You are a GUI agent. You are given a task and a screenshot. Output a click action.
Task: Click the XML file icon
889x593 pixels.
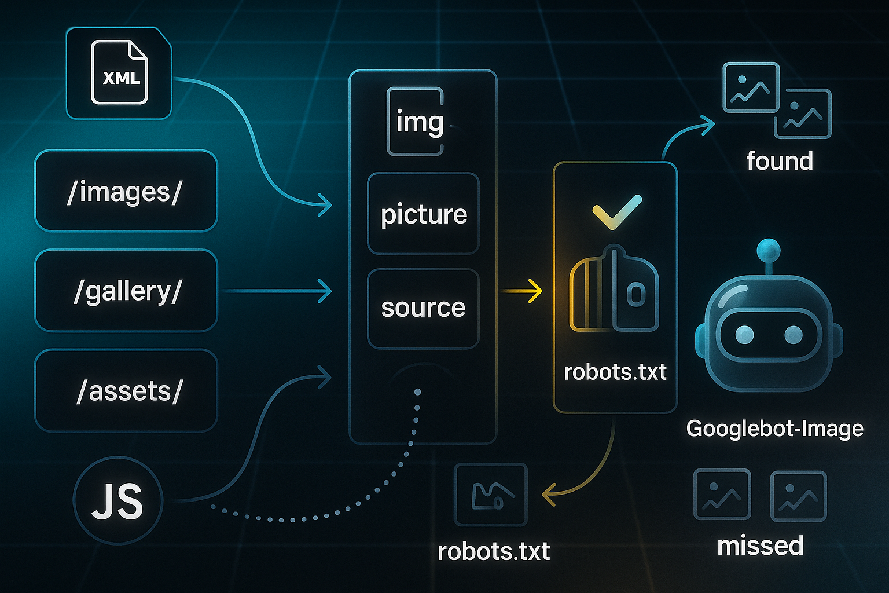pos(120,72)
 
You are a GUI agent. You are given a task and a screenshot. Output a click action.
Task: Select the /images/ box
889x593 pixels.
pos(126,191)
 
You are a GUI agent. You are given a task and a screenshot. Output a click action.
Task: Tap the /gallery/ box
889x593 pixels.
pos(126,290)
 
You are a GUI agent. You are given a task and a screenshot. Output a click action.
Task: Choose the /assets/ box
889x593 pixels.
pos(126,391)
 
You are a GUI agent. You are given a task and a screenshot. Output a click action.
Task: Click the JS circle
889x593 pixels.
pos(118,500)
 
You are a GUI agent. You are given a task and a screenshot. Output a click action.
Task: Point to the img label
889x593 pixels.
pos(419,122)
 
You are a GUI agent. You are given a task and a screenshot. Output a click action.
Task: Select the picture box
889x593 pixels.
pos(423,214)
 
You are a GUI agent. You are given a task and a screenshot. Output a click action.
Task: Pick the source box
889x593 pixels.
pos(423,308)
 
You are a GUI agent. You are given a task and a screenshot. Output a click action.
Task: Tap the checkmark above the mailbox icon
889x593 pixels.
pos(617,211)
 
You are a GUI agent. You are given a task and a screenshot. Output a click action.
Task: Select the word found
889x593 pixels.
pos(780,161)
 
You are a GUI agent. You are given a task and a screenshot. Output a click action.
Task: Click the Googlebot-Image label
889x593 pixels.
pos(774,429)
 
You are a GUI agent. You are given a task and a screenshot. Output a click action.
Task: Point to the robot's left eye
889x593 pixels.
pos(744,334)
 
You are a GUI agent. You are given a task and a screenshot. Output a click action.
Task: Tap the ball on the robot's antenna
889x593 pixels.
pos(769,250)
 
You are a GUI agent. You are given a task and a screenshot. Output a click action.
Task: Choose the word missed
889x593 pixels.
pos(760,546)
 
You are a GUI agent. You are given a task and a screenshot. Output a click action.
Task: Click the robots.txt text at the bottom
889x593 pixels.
pos(493,551)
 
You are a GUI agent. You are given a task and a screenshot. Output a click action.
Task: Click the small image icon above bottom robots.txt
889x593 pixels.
pos(491,494)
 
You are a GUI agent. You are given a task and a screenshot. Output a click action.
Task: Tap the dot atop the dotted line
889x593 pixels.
pos(417,393)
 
